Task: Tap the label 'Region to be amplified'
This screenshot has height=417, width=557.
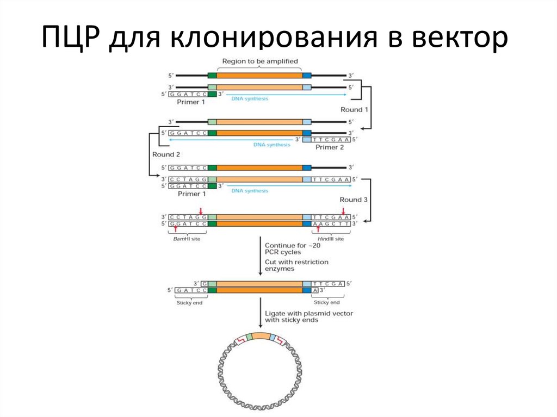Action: pyautogui.click(x=260, y=61)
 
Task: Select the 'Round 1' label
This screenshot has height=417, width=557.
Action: pyautogui.click(x=355, y=109)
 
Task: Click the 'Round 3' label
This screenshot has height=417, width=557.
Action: pyautogui.click(x=354, y=200)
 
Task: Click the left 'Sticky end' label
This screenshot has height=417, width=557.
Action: pyautogui.click(x=189, y=302)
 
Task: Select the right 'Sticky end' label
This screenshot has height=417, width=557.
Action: pyautogui.click(x=327, y=302)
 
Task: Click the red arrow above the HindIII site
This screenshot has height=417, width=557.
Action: pyautogui.click(x=343, y=211)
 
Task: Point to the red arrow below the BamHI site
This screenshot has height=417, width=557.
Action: pyautogui.click(x=175, y=231)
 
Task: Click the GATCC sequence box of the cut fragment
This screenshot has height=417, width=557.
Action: pyautogui.click(x=188, y=291)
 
